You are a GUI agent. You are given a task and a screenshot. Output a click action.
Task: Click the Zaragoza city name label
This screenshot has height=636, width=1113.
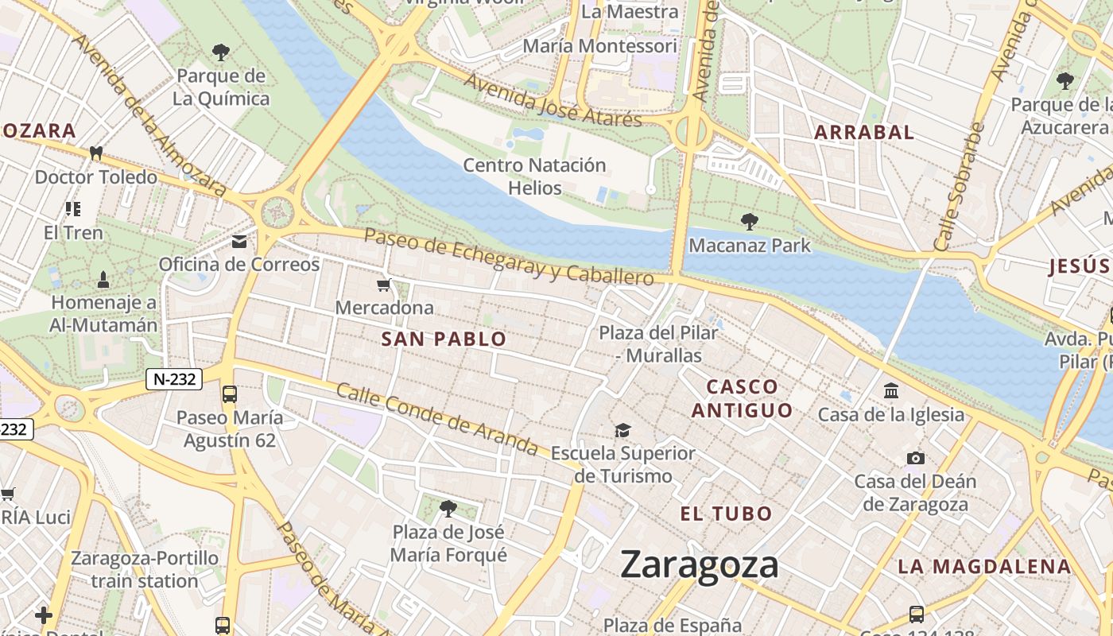coord(699,564)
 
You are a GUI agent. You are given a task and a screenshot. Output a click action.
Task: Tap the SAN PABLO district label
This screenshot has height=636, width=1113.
coord(444,339)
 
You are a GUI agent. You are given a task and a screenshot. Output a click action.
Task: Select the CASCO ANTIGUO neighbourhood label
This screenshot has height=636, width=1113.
coord(742,398)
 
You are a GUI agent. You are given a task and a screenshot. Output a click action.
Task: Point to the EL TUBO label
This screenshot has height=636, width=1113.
coord(726,514)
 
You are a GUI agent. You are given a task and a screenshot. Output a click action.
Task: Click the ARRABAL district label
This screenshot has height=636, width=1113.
coord(864,133)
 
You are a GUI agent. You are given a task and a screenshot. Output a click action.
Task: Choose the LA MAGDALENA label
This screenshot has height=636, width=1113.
coord(985,567)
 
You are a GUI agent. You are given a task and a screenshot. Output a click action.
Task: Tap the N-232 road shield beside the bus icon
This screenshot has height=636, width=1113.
coord(174,379)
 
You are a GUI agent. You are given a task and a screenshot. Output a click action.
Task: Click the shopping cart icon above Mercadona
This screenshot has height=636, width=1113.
coord(385,285)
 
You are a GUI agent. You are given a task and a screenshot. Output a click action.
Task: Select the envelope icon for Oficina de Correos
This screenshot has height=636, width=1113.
coord(239,242)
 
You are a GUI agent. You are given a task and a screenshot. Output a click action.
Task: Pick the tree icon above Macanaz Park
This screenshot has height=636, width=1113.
coord(749,221)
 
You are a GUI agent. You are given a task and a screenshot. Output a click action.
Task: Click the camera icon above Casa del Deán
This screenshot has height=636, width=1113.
coord(916,458)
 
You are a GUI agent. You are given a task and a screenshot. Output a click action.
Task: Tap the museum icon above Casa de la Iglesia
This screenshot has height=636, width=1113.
coord(891,391)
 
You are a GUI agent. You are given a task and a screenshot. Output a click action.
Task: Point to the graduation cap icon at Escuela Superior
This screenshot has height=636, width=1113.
coord(623,430)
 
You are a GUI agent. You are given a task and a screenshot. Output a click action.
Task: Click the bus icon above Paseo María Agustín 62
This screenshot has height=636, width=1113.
coord(230,394)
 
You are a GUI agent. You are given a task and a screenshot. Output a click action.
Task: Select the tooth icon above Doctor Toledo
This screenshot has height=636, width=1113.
coord(97,153)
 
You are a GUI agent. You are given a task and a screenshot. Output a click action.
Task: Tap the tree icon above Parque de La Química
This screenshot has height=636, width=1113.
coord(221,52)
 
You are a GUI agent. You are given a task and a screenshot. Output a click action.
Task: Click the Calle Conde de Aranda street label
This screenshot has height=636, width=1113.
coord(437,420)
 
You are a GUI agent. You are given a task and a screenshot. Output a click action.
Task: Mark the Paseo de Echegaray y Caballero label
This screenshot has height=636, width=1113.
coord(509,256)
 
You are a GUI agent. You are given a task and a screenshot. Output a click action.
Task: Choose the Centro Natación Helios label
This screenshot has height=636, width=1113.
coord(534,176)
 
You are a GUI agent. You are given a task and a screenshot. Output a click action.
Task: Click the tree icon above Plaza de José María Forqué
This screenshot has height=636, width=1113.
coord(448,508)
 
